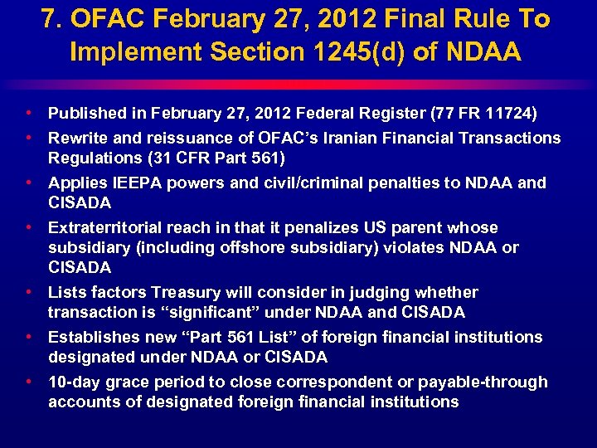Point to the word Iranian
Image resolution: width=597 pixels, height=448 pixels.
tap(342, 138)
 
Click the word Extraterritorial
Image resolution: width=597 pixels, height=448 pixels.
tap(107, 227)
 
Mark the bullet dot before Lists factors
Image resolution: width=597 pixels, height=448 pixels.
tap(29, 292)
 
